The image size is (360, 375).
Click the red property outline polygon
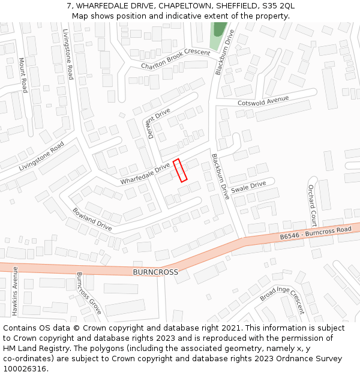coord(181,170)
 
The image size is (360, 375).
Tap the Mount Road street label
coord(23,75)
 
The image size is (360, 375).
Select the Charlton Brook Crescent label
coord(176,59)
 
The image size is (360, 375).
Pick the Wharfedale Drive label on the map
coord(145,174)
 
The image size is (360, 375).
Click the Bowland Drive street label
coord(92,219)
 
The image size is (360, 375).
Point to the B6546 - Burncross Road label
coord(316,233)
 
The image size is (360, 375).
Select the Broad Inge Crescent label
coord(282,300)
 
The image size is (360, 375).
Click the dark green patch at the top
coord(220,28)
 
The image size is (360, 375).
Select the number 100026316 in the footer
coord(25,368)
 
